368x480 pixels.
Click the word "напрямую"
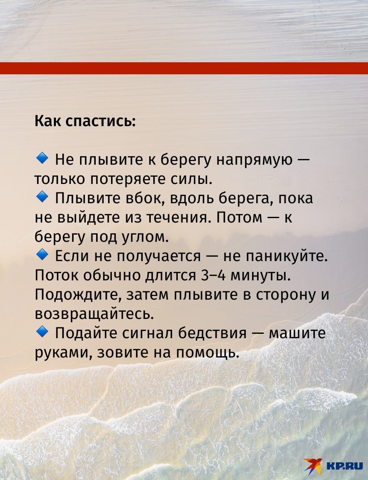tap(255, 160)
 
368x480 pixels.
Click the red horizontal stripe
tap(184, 68)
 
